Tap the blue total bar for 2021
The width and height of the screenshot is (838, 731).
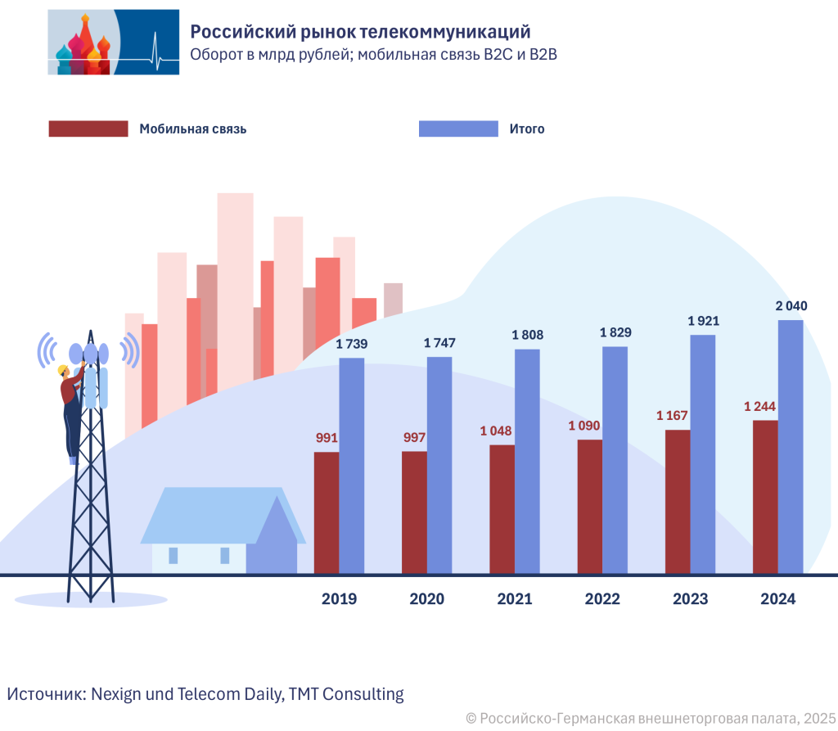(527, 461)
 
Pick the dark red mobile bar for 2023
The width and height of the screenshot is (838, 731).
(678, 501)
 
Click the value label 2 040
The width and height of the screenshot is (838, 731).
(791, 306)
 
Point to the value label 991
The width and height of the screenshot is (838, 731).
(327, 438)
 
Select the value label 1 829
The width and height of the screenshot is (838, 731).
(615, 332)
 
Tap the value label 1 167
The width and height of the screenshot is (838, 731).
(673, 416)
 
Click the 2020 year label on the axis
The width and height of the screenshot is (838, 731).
(426, 599)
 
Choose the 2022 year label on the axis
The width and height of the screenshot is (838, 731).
(602, 599)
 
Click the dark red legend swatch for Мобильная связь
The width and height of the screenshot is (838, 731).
(88, 129)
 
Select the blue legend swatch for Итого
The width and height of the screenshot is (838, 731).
(458, 129)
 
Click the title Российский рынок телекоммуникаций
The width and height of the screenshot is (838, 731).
(360, 32)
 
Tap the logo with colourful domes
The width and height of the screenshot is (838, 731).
(113, 43)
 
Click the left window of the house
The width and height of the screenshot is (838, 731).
(173, 556)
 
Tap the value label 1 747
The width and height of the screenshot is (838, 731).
(439, 343)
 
